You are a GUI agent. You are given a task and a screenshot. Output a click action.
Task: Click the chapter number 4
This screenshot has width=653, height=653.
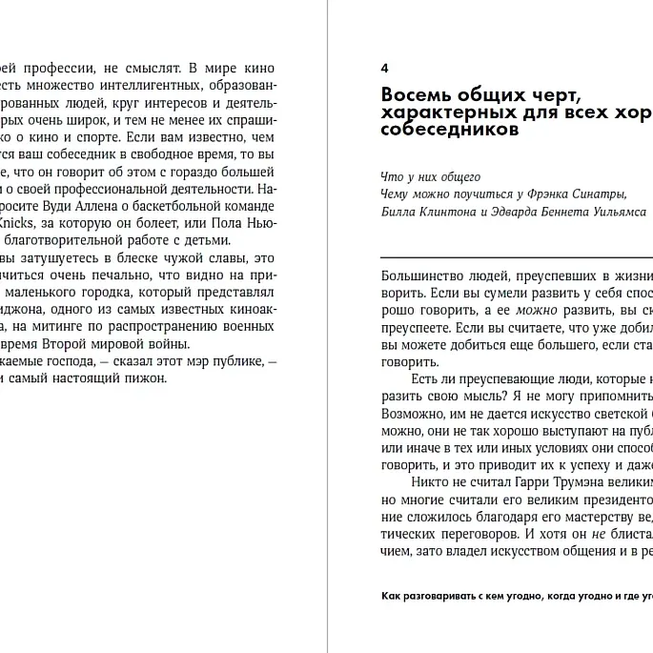[384, 69]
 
